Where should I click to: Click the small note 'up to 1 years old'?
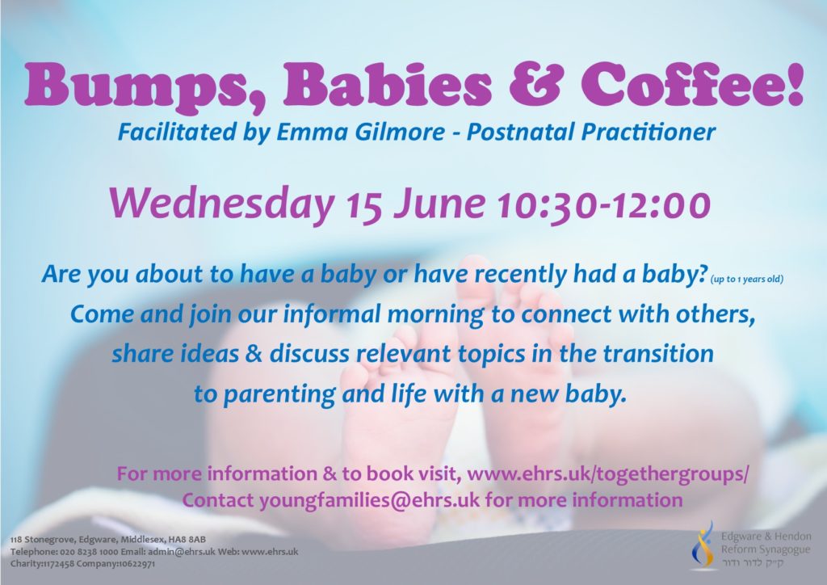(x=747, y=279)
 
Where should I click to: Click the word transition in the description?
(x=658, y=353)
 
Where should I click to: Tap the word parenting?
(x=279, y=394)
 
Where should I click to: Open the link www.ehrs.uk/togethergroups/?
(x=607, y=473)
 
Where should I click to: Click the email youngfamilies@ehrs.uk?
(x=369, y=499)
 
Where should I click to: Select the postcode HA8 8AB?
(x=188, y=540)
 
